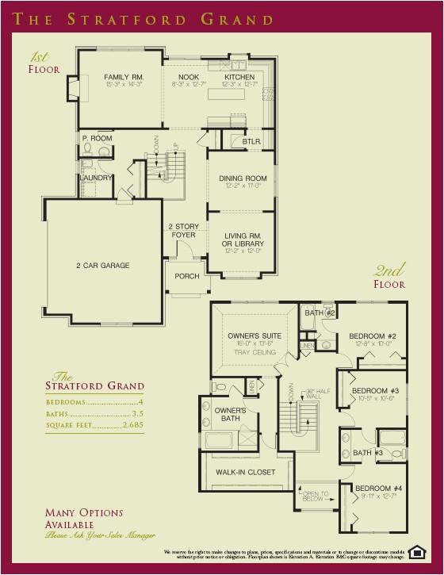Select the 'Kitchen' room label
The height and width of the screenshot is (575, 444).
point(239,77)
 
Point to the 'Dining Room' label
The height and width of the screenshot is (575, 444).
point(243,178)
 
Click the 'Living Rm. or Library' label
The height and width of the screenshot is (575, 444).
point(243,239)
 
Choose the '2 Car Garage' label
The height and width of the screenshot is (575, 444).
point(102,265)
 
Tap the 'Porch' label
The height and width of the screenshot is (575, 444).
point(187,276)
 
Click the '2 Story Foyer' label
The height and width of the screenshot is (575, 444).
point(182,231)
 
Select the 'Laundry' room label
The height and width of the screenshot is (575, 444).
point(95,178)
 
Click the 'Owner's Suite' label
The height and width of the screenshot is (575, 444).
point(250,336)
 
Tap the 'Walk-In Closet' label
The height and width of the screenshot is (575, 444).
point(246,472)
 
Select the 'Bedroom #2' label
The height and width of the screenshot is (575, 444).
point(372,336)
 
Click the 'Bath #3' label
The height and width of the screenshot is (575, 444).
point(368,452)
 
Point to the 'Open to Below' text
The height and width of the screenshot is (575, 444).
point(315,496)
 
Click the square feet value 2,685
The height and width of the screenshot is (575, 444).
point(133,425)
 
